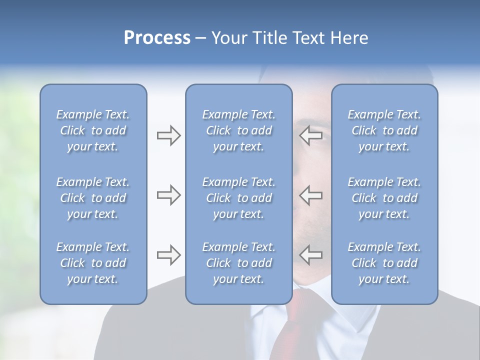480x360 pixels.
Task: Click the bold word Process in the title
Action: pos(157,38)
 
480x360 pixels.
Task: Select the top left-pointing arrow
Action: pos(311,135)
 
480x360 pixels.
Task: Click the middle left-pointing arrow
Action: pos(311,195)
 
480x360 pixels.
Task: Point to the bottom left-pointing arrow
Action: pos(311,255)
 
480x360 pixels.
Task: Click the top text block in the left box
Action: pos(93,130)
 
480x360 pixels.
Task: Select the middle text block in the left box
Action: pos(93,198)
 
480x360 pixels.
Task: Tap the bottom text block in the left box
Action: pos(93,263)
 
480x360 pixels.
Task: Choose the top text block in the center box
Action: pos(238,130)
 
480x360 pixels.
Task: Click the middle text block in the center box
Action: pos(238,198)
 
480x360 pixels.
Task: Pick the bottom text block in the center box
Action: pos(238,263)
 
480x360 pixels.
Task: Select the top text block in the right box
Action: pos(384,130)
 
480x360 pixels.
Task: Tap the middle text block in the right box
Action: pos(384,198)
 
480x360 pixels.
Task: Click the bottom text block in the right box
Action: pos(384,263)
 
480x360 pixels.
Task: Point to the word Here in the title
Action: pos(349,38)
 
